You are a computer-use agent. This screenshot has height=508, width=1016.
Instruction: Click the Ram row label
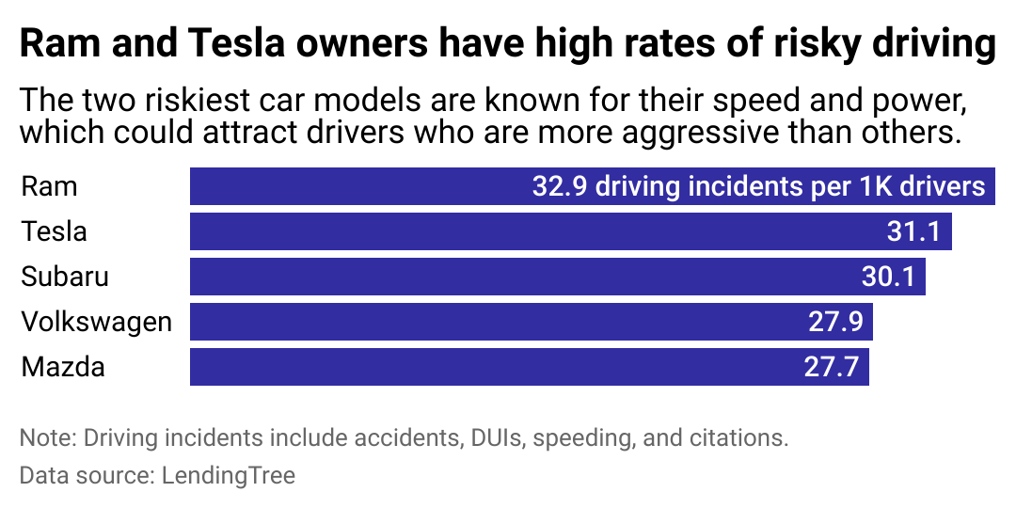(x=49, y=186)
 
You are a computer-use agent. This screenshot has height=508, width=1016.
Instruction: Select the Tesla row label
(x=54, y=231)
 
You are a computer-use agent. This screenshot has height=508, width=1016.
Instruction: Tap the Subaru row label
(x=65, y=277)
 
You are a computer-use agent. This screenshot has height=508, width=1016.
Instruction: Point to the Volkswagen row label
(x=97, y=322)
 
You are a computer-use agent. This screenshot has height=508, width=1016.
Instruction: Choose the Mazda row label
(x=63, y=367)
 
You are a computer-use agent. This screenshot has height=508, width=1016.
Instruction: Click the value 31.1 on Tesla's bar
(x=913, y=231)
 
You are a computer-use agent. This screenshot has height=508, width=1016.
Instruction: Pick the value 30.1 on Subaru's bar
(x=888, y=277)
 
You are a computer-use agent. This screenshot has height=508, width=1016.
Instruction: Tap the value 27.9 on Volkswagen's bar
(x=835, y=322)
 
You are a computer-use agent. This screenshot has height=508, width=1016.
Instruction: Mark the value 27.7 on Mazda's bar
(x=831, y=367)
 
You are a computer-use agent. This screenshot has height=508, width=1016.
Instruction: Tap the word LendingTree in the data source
(x=227, y=475)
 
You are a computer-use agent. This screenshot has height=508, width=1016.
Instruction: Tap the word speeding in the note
(x=611, y=437)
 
